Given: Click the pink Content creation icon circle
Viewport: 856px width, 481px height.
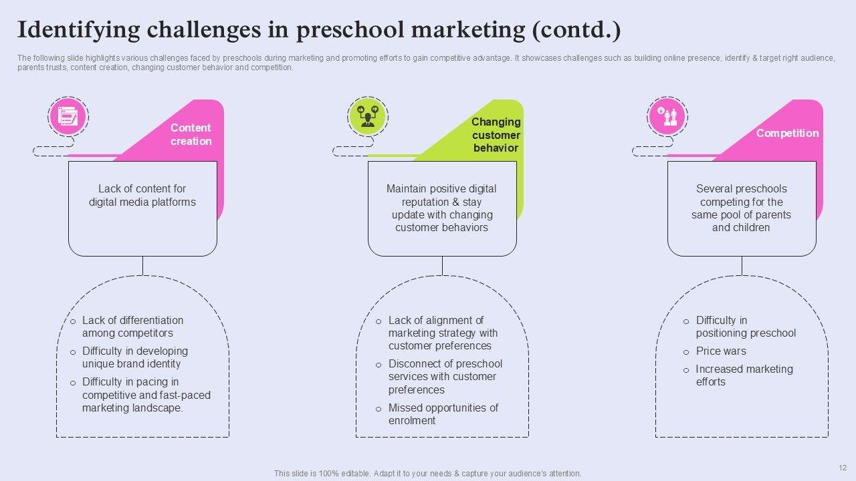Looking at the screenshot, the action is point(68,117).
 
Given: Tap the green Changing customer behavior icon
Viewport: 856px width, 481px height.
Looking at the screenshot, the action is point(368,117).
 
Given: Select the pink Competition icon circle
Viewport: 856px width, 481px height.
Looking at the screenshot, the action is point(667,117).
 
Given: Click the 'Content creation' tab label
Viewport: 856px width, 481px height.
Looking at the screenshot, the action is point(191,134).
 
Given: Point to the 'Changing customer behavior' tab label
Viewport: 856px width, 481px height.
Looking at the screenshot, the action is point(496,134).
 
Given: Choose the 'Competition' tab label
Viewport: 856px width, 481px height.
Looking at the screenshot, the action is point(787,133).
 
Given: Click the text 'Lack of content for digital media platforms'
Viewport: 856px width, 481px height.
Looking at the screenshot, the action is point(142,195).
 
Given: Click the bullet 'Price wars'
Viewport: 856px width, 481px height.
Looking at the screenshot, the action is point(721,351).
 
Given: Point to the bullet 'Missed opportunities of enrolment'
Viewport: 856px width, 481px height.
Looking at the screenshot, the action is point(443,414).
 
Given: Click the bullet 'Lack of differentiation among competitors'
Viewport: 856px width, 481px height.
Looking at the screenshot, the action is point(132,327).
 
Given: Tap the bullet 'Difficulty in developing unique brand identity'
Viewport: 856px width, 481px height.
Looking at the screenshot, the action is point(134,357).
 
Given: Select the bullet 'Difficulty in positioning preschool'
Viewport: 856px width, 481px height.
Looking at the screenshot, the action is point(745,327).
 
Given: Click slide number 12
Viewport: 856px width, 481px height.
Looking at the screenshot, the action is point(842,468).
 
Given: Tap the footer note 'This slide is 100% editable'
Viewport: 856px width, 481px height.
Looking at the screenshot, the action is point(427,473).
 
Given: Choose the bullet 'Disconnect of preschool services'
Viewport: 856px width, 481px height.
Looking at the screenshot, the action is point(445,377).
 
